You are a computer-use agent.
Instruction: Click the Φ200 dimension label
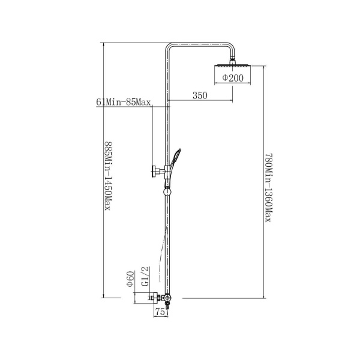coord(233,78)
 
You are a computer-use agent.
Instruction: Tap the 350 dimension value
coord(200,95)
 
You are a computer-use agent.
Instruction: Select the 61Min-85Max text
coord(123,102)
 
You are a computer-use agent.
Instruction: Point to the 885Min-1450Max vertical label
coord(108,176)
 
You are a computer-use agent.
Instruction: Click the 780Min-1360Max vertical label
coord(268,188)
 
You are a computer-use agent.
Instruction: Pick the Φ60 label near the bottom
coord(130,279)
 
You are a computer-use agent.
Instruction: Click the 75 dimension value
coord(160,312)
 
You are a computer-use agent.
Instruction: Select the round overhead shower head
coord(232,65)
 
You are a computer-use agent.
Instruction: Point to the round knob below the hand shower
coord(167,191)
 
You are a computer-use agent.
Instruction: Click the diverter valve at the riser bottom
coord(167,298)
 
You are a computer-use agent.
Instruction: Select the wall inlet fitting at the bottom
coord(155,298)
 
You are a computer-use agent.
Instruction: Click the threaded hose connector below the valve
coord(167,306)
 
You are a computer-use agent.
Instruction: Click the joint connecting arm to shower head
coord(232,59)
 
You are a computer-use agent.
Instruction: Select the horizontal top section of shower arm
coord(200,45)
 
